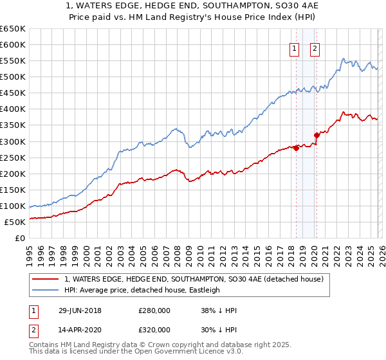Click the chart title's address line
click(193, 6)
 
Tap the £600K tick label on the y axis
click(13, 44)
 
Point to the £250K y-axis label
click(13, 157)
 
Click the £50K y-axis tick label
click(15, 222)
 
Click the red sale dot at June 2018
click(296, 148)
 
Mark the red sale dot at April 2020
click(317, 135)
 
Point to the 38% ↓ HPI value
click(219, 310)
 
